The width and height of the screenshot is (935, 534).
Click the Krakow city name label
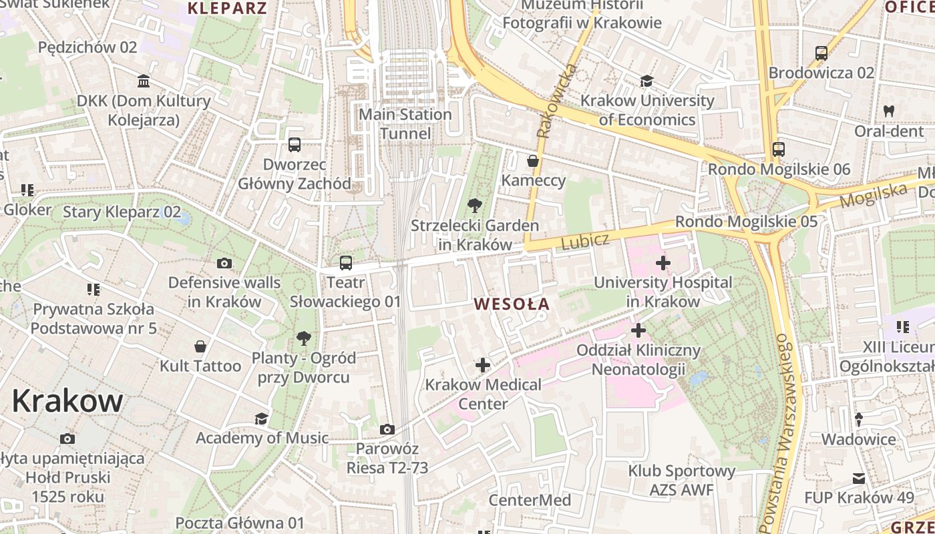[67, 401]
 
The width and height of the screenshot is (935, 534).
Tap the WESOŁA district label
[512, 304]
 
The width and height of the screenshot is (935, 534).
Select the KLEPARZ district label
[227, 8]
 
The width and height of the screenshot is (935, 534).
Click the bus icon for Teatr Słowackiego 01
[345, 263]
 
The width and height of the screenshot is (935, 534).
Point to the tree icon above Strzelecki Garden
[475, 205]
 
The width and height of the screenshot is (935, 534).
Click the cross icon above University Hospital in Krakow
[663, 263]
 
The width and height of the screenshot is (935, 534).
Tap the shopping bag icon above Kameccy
[533, 161]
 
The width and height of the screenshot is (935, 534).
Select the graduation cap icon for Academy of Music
[261, 419]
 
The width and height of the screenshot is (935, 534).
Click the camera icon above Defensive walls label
[224, 263]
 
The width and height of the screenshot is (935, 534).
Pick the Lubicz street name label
[585, 242]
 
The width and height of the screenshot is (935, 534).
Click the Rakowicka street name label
[556, 101]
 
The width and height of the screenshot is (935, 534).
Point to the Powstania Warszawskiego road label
[776, 434]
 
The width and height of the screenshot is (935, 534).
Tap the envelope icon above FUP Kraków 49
[859, 479]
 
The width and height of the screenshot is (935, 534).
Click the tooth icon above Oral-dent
[888, 111]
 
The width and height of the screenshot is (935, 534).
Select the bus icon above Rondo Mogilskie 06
[779, 150]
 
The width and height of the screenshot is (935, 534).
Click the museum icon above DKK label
[144, 81]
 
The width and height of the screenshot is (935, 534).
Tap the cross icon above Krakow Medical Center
[483, 365]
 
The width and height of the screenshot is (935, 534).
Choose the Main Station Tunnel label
[405, 124]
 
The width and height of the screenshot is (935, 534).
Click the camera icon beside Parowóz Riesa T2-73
[387, 429]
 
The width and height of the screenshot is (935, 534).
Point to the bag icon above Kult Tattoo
[200, 346]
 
